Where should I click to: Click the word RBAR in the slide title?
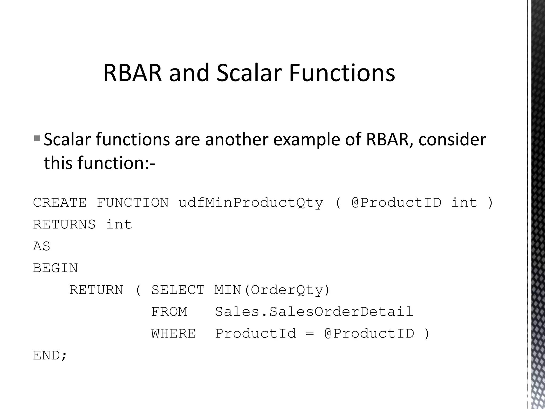point(132,73)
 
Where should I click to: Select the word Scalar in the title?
point(249,73)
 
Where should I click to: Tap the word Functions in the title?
point(342,73)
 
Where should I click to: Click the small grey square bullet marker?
point(37,138)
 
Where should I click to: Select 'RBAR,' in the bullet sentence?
point(390,140)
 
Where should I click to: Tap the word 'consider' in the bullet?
point(452,140)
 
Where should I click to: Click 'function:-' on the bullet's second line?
point(117,163)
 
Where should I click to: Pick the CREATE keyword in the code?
point(60,203)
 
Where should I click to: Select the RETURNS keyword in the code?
point(64,224)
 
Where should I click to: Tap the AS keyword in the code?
point(42,246)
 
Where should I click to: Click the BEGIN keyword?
point(55,268)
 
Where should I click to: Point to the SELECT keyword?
point(178,290)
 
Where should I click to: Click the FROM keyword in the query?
point(169,312)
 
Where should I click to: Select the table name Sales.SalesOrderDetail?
point(314,312)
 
